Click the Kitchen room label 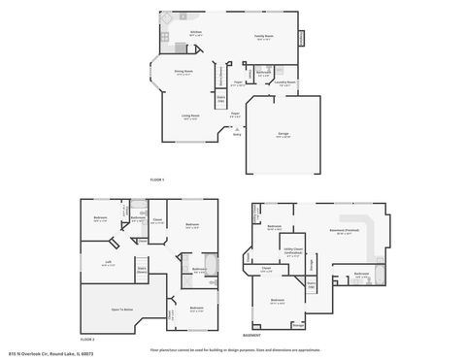195,33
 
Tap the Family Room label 263,38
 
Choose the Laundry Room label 284,83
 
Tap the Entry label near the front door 237,135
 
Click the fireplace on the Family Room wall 301,39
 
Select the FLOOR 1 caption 157,180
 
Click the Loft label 108,263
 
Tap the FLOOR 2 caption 87,340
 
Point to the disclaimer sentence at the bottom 233,348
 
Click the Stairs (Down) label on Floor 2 142,270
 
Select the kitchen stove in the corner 166,36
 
